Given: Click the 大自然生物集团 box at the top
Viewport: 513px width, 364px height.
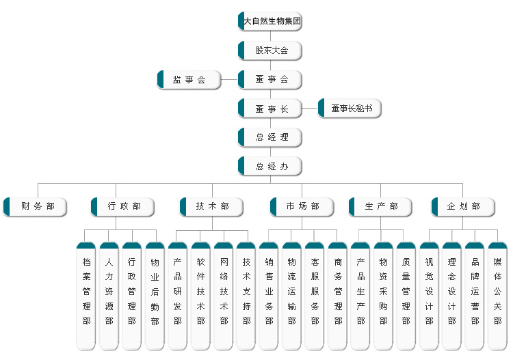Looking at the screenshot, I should pos(270,21).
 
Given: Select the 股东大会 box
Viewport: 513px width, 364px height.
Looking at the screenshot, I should pos(270,51).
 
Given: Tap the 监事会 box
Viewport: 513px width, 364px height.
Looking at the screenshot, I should pos(189,80).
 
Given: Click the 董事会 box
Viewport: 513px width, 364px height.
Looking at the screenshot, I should pos(270,80).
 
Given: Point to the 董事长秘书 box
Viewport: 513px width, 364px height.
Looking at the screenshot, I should pos(350,109).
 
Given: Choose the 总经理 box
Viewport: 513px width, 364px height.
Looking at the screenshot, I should pos(270,137).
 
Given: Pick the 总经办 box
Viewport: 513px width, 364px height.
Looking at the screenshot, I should pos(270,167).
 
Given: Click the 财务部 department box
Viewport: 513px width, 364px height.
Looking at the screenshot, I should pos(36,207).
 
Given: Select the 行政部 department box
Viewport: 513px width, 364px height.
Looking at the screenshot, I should pos(123,207).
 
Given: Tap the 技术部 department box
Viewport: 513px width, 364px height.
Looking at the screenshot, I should pos(211,207).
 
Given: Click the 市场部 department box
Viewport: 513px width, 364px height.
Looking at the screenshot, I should pos(302,207).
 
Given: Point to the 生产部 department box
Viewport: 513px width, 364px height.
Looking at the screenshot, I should pos(380,207).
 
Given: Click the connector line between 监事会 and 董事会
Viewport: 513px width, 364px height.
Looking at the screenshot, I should pos(229,80).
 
